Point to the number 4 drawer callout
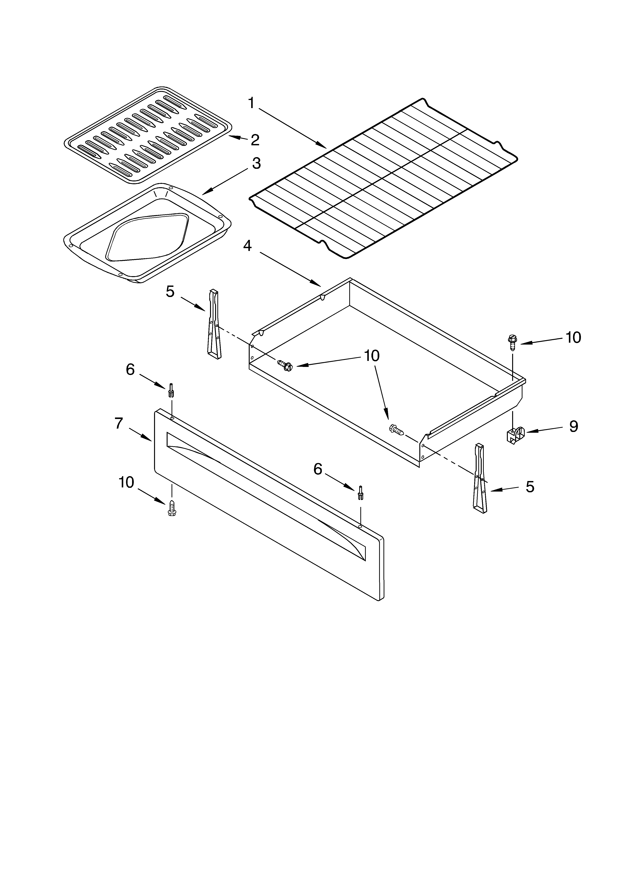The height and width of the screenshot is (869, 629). pyautogui.click(x=247, y=246)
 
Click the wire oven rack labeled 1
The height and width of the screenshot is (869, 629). pyautogui.click(x=383, y=178)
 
